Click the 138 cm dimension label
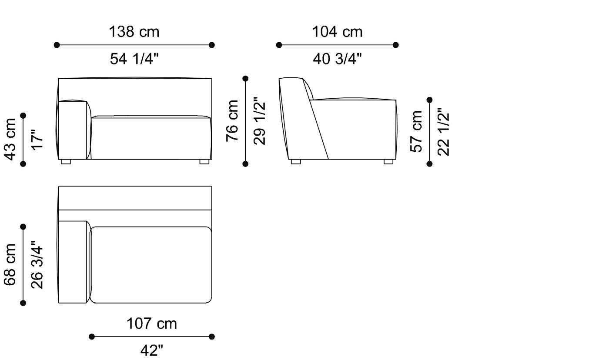point(134,32)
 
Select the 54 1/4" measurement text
point(134,59)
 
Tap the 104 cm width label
point(337,32)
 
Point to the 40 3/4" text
point(337,59)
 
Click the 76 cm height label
point(232,120)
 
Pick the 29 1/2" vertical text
point(260,120)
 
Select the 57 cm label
point(417,131)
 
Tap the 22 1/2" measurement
point(444,131)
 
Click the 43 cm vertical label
point(10,139)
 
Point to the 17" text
point(37,139)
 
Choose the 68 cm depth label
point(10,264)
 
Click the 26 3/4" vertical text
point(37,264)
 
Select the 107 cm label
point(152,323)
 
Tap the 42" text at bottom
point(152,350)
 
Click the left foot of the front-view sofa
point(66,162)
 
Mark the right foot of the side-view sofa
point(388,162)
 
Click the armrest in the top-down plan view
point(73,262)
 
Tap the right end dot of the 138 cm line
point(212,45)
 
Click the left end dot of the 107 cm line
point(92,337)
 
